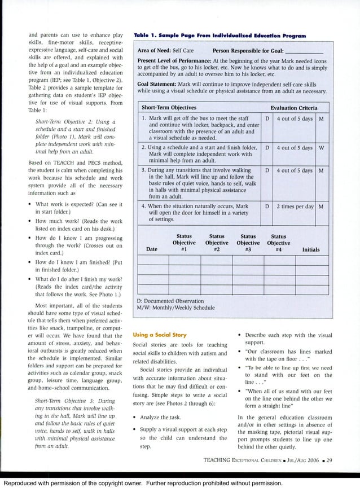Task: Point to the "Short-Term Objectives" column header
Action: click(x=169, y=108)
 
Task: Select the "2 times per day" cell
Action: click(x=295, y=207)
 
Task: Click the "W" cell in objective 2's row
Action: click(x=321, y=148)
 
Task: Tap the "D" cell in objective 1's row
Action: click(x=267, y=118)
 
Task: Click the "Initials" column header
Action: click(x=310, y=249)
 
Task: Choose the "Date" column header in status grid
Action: click(x=152, y=249)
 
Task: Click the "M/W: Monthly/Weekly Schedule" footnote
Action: click(x=175, y=308)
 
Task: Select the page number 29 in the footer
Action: click(x=330, y=460)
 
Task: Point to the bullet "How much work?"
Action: click(x=79, y=221)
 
